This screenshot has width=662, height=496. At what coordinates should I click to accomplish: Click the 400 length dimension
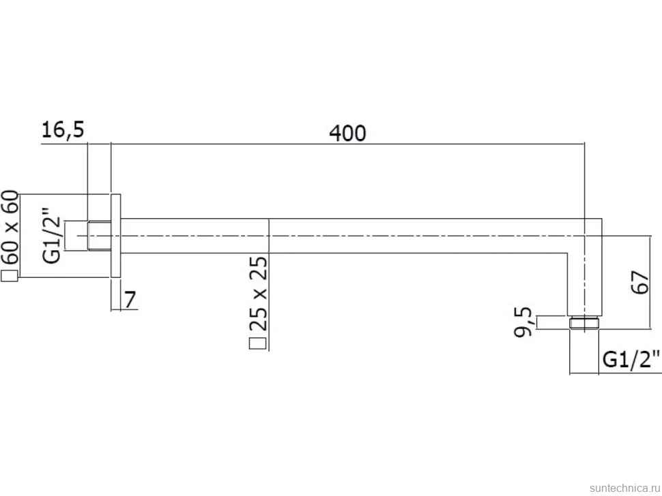coord(347,133)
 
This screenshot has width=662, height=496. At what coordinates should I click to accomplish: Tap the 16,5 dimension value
coord(63,129)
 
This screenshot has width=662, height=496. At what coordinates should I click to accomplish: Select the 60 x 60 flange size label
coord(10,227)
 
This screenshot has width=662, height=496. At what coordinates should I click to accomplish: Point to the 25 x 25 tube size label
coord(259,293)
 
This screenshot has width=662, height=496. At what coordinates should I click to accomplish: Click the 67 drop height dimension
coord(640,282)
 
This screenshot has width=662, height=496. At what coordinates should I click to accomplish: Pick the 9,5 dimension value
coord(523,322)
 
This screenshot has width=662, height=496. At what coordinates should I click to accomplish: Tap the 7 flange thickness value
coord(130,300)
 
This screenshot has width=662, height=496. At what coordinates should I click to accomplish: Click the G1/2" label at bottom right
coord(631,359)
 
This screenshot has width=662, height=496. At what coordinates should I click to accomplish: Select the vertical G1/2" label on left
coord(52,235)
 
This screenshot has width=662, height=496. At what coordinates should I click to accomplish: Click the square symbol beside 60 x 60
coord(10,276)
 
